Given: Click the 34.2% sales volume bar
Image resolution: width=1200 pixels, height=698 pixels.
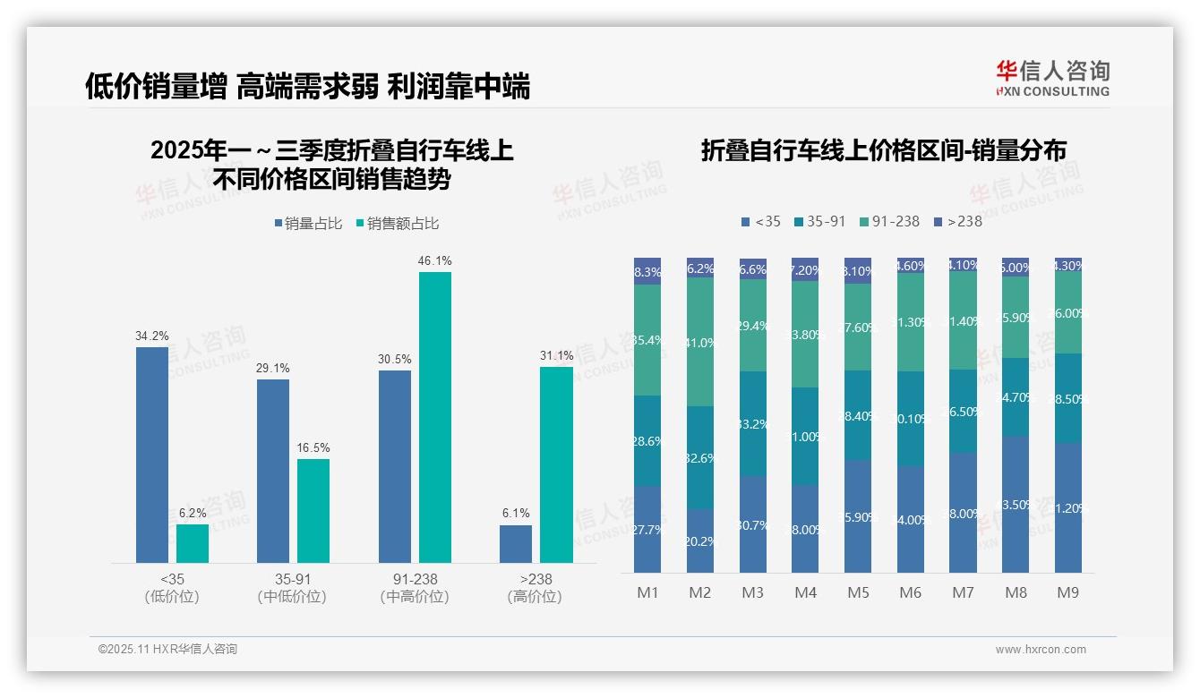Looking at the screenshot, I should click(x=152, y=455).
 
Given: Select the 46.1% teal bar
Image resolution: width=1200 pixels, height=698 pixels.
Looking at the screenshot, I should click(x=435, y=417).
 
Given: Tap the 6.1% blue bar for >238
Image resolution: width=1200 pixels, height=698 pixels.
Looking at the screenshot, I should click(x=516, y=544).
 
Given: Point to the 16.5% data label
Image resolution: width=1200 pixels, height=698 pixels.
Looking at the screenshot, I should click(x=313, y=447).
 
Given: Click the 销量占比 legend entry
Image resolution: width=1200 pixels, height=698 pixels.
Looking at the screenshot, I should click(x=308, y=224).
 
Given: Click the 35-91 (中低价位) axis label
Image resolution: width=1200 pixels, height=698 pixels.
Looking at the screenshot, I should click(x=292, y=588).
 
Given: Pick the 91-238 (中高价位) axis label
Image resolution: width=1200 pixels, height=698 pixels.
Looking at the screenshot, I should click(x=414, y=588).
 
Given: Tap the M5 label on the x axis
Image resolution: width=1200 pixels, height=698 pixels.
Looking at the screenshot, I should click(x=858, y=592).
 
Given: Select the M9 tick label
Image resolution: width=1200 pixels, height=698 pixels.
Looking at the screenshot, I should click(x=1068, y=592).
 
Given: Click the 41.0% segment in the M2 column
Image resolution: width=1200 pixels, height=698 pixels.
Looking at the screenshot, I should click(x=700, y=342).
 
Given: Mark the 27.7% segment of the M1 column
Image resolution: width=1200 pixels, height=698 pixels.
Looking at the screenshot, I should click(x=647, y=529).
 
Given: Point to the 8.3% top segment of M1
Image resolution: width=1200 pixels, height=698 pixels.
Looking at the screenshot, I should click(x=647, y=272).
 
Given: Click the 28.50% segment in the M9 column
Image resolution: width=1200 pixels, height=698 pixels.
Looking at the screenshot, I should click(x=1068, y=398).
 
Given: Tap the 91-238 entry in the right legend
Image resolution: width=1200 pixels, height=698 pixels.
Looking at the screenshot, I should click(x=888, y=221).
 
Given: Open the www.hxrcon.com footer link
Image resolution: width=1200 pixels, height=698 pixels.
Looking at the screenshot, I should click(x=1041, y=650).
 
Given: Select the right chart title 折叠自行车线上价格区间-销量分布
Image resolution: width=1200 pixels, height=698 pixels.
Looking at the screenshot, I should click(x=884, y=150).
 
